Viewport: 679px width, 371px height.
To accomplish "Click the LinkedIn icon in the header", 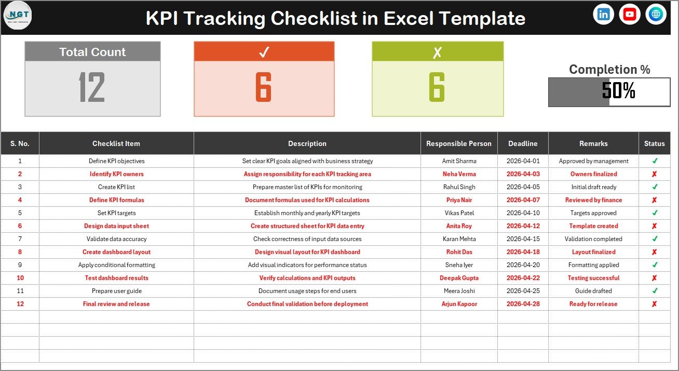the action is pyautogui.click(x=603, y=14).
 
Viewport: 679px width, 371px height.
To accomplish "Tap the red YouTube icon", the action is pyautogui.click(x=629, y=14).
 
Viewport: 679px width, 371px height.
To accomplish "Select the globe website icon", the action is pyautogui.click(x=656, y=14).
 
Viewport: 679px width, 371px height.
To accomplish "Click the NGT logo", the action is pyautogui.click(x=18, y=15).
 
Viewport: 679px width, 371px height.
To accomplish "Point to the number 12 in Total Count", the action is pyautogui.click(x=92, y=87).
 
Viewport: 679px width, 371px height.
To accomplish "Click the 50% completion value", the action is pyautogui.click(x=618, y=90).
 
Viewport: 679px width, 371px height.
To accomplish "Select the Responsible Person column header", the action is pyautogui.click(x=458, y=143).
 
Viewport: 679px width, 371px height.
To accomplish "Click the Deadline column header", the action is pyautogui.click(x=523, y=143).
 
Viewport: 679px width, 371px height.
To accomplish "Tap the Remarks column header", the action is pyautogui.click(x=593, y=143).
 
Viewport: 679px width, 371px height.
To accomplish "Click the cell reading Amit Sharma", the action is pyautogui.click(x=459, y=161).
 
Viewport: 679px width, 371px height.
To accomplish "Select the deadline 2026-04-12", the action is pyautogui.click(x=523, y=226).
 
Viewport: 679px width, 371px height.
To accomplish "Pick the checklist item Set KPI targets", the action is pyautogui.click(x=116, y=213).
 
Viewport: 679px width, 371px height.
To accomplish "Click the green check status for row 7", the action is pyautogui.click(x=655, y=239).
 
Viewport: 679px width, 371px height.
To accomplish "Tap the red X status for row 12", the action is pyautogui.click(x=655, y=304).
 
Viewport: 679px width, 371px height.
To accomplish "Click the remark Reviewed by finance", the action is pyautogui.click(x=593, y=200).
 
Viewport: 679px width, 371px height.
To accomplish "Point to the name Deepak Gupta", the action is pyautogui.click(x=459, y=278).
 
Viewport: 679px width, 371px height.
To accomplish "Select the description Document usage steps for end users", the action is pyautogui.click(x=307, y=291).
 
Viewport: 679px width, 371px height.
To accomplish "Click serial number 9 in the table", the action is pyautogui.click(x=20, y=265).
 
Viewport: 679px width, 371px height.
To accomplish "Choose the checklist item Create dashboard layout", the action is pyautogui.click(x=116, y=252).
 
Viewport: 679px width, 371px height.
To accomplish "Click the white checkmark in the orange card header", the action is pyautogui.click(x=264, y=52).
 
